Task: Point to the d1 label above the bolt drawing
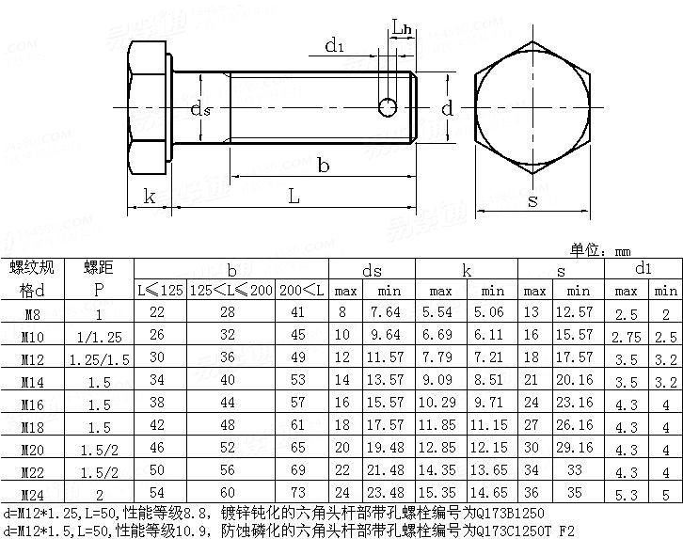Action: point(335,44)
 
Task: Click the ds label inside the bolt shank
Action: point(200,109)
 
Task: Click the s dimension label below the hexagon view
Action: point(532,200)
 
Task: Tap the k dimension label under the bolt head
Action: point(149,196)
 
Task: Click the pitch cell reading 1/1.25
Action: point(98,336)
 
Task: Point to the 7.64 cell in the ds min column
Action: point(386,312)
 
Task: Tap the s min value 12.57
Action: point(575,312)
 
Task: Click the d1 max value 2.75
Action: point(627,336)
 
